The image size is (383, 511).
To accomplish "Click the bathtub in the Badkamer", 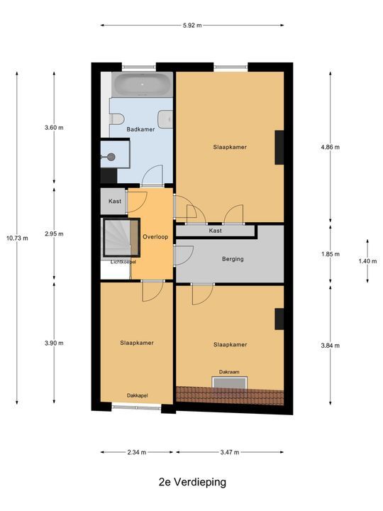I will coord(143,85).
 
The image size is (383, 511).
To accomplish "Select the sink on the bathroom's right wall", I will coord(166,119).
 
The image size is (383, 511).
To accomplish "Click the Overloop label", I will coord(155,236).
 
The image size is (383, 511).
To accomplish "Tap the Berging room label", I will coord(232,259).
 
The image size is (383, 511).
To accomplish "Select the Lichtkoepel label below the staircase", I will coord(123,262).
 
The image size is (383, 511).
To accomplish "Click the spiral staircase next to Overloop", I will coord(119,238).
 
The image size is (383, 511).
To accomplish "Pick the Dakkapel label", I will coord(137,395).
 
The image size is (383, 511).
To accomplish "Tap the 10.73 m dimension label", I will coord(17,238).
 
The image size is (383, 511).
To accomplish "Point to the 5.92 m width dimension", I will coord(191,26).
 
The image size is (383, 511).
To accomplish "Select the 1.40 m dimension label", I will coord(367,261).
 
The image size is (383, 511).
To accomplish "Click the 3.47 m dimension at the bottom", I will coord(230,452).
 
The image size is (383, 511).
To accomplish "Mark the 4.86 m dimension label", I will coord(330,148).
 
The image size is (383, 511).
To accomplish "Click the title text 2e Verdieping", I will coord(191,482).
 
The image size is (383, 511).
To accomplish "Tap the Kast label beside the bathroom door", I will coord(114,202).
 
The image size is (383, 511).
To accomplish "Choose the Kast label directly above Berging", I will coord(215,231).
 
